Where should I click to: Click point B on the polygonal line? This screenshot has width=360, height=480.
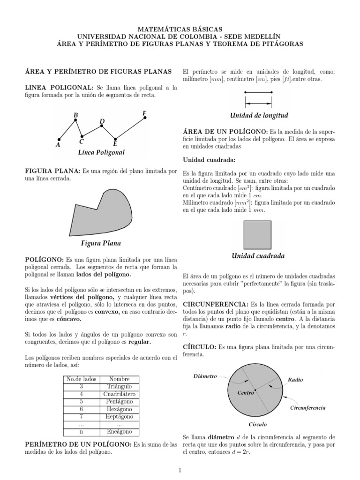coord(75,120)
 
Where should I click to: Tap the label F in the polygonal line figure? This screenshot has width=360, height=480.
coord(144,113)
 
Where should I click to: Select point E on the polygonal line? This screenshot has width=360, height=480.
coord(115,139)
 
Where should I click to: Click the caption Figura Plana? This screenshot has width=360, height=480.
coord(101,243)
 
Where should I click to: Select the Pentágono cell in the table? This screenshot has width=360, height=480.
coord(120,402)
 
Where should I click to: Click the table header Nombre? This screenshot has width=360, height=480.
coord(120,379)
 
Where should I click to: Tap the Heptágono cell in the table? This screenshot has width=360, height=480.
coord(120,417)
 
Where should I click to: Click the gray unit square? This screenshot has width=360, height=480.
coord(257,235)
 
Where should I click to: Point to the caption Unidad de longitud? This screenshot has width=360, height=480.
coord(259,115)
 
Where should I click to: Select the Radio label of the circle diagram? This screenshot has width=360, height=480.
coord(296,380)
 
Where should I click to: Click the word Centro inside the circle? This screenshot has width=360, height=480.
coord(245,393)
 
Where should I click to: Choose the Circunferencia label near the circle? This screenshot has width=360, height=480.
coord(308,408)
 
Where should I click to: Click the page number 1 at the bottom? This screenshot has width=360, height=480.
coord(180,470)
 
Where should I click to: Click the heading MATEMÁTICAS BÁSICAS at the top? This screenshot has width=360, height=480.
coord(180,29)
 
